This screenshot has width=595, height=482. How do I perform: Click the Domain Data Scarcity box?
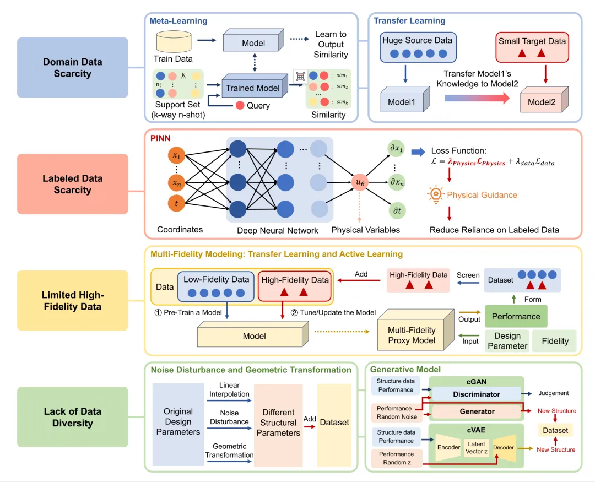72,68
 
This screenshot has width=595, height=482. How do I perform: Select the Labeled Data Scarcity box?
72,184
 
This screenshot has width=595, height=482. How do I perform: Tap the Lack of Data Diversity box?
72,417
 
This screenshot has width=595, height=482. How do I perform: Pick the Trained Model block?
253,88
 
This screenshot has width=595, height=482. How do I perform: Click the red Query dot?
240,105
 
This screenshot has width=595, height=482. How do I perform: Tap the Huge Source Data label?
416,40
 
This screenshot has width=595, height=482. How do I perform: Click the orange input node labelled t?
176,203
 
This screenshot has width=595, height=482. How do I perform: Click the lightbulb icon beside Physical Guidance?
436,194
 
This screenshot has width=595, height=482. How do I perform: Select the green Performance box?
516,317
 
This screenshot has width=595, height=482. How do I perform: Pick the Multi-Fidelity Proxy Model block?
412,335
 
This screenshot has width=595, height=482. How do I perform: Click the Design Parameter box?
507,341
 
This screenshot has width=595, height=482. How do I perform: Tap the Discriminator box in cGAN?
477,394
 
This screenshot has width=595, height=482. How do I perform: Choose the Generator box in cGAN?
477,411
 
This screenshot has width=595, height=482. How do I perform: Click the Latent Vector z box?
476,447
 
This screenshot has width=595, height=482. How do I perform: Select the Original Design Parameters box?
178,421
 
